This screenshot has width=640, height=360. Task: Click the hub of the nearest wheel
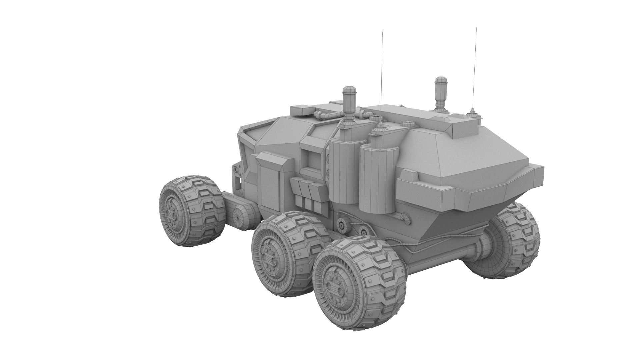pyautogui.click(x=333, y=287)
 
